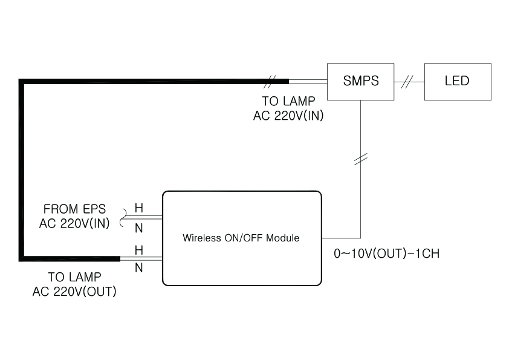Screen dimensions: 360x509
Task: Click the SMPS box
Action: pyautogui.click(x=361, y=81)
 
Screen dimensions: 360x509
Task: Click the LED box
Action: pyautogui.click(x=458, y=81)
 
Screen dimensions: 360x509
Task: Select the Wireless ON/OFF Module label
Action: pyautogui.click(x=241, y=238)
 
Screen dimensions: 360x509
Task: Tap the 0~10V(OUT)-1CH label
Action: pyautogui.click(x=386, y=254)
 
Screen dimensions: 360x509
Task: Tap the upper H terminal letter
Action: pyautogui.click(x=138, y=208)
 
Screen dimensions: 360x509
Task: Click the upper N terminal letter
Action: pyautogui.click(x=138, y=228)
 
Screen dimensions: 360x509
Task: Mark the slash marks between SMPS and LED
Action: pyautogui.click(x=409, y=81)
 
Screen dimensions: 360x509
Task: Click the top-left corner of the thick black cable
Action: pyautogui.click(x=22, y=81)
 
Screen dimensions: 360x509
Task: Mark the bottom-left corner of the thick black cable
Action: pyautogui.click(x=22, y=258)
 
